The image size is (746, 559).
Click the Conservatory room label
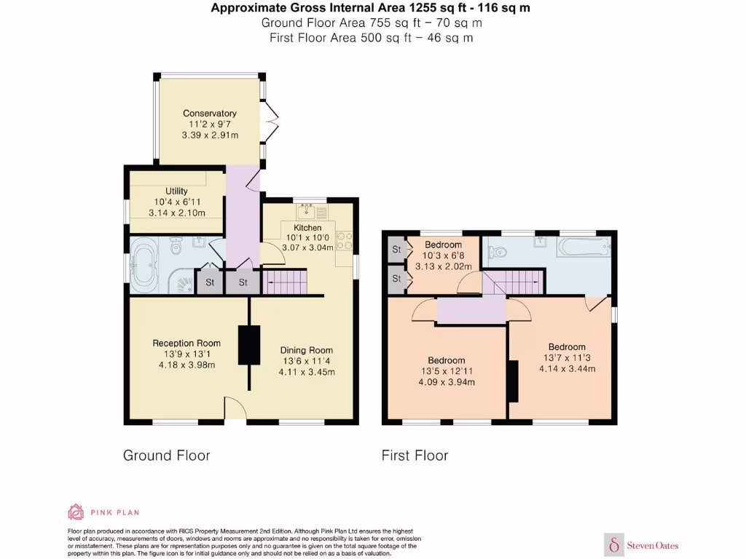tap(210, 114)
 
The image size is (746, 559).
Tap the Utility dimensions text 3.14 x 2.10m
tap(176, 213)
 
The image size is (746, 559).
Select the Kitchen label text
tap(307, 228)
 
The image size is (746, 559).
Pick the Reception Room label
tap(186, 344)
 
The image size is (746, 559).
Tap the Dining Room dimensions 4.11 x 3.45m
tap(307, 372)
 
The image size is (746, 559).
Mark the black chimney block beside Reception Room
tap(249, 344)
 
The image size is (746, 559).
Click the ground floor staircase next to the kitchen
tap(285, 282)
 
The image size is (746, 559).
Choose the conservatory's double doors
tap(271, 120)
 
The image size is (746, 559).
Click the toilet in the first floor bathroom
tap(497, 253)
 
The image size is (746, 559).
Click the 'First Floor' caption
tap(415, 456)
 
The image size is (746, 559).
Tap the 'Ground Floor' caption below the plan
tap(166, 456)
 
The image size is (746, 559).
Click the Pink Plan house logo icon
tap(76, 512)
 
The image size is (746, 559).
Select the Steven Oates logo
tap(642, 544)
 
